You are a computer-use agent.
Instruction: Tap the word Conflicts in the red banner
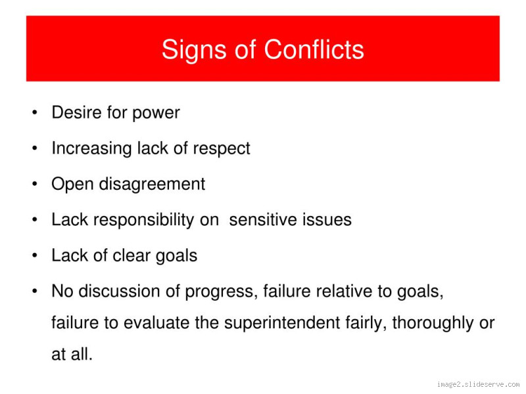click(x=314, y=50)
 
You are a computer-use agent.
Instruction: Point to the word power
click(x=156, y=114)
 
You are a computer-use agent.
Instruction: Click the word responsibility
click(x=144, y=221)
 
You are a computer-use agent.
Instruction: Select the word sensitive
click(x=266, y=220)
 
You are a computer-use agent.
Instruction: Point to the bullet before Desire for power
click(x=34, y=114)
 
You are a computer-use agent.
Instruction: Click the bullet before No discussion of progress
click(x=34, y=292)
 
